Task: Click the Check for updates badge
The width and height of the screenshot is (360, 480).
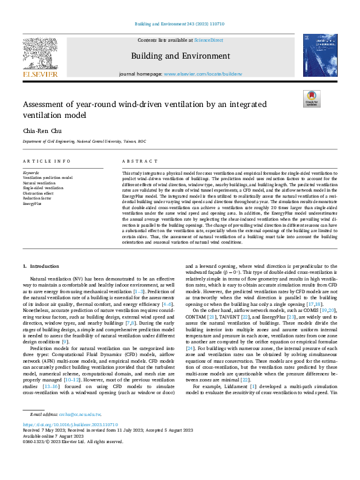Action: [311, 99]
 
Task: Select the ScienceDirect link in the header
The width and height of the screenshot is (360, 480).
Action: [209, 41]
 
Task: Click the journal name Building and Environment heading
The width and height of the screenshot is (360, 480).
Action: [180, 55]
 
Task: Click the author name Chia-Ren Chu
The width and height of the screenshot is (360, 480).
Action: [40, 129]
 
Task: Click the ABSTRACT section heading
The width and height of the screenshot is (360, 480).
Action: [136, 161]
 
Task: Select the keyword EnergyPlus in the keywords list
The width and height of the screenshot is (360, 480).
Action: [33, 204]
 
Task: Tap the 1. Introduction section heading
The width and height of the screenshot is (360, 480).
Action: [41, 266]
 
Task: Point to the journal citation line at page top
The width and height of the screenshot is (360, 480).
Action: [180, 25]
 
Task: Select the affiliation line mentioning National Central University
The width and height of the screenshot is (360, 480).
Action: [84, 141]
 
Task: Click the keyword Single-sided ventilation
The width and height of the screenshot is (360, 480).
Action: [43, 188]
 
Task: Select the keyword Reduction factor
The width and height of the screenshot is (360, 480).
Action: [38, 198]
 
